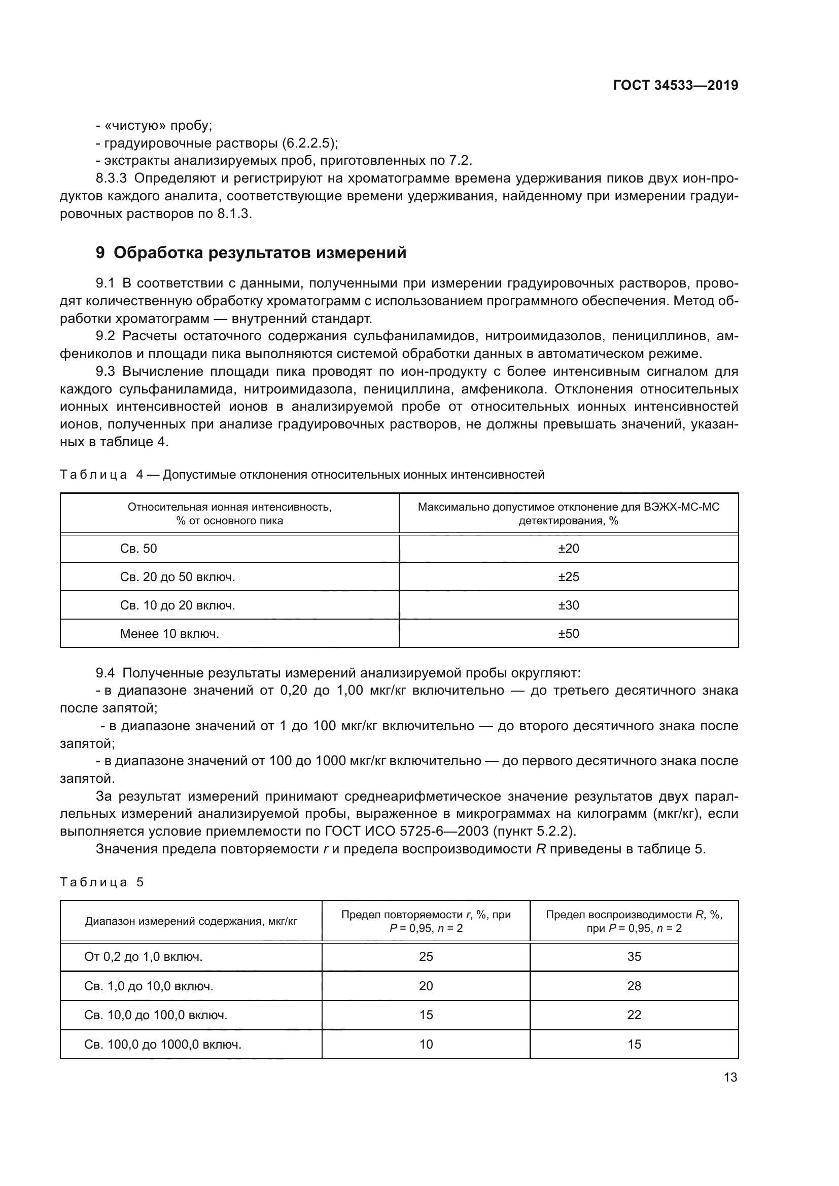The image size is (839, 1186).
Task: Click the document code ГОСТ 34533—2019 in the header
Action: point(675,86)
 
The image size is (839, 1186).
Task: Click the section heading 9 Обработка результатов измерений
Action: point(251,253)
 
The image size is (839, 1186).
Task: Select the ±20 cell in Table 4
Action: point(568,549)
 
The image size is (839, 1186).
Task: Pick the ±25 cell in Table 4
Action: point(568,577)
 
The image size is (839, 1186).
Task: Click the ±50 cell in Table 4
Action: point(568,634)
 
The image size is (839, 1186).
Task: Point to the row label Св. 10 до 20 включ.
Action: point(177,605)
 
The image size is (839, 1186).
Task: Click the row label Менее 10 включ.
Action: point(169,634)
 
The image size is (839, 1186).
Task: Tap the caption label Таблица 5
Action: point(102,882)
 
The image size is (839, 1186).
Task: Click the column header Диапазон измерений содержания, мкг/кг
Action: point(191,921)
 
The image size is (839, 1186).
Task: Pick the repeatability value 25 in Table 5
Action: point(426,957)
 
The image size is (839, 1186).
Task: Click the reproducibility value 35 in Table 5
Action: point(634,957)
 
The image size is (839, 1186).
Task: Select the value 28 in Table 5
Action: point(634,986)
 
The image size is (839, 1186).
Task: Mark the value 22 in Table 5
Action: point(634,1015)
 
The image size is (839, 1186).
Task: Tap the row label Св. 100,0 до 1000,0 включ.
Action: point(163,1045)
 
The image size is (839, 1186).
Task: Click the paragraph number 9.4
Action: point(106,673)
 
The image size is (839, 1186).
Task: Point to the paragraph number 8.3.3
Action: point(111,178)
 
